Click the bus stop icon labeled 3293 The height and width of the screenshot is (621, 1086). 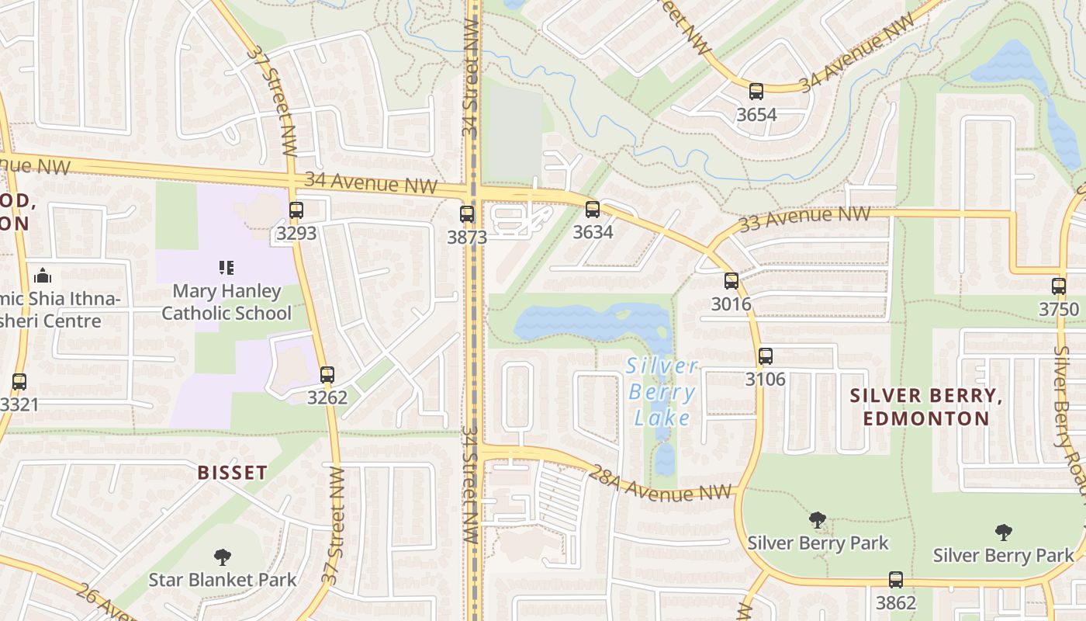coord(296,210)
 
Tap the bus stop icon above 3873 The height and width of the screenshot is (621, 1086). coord(466,214)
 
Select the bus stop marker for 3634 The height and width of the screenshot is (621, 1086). coord(593,209)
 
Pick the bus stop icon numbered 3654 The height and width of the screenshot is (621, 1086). coord(756,92)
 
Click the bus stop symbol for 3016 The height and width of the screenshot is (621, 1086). coord(731,281)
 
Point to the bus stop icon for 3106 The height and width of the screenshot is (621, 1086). coord(766,356)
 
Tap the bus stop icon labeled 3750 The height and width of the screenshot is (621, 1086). coord(1059,286)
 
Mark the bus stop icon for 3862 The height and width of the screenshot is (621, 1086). coord(896,579)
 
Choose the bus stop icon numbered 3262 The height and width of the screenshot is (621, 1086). coord(327,375)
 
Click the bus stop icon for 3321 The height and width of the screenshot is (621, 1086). coord(19,382)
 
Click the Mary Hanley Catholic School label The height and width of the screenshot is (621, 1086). coord(227,302)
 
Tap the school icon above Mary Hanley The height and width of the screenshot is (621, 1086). coord(227,268)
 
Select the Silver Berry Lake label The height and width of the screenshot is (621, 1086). coord(662,392)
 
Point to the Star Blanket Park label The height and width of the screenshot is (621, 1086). coord(223,579)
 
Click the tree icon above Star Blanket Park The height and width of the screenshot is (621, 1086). coord(223,557)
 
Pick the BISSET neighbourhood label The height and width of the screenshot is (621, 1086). coord(232,472)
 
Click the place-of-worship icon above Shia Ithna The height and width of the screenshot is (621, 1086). coord(43,276)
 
